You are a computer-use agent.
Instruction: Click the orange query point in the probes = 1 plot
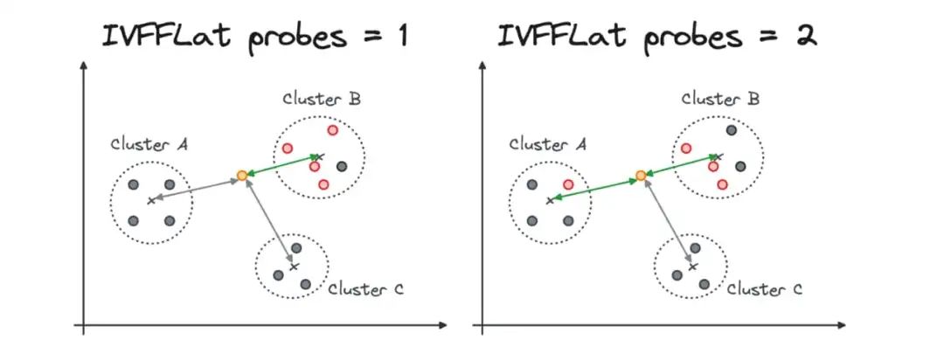click(x=242, y=176)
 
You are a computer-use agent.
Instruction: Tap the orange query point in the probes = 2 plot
click(x=641, y=176)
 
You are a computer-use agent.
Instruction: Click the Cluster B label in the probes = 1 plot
click(x=322, y=99)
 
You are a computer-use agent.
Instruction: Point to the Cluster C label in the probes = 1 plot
click(x=365, y=288)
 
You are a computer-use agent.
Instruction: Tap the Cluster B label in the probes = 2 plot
click(x=720, y=99)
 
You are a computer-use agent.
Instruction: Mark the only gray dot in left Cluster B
click(x=342, y=166)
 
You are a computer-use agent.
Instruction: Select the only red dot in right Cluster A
click(x=568, y=184)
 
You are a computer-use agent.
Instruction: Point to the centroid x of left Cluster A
click(x=150, y=200)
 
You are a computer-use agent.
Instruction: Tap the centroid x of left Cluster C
click(x=294, y=266)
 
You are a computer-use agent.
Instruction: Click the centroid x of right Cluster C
click(x=692, y=266)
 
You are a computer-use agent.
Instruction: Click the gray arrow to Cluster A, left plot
click(x=197, y=188)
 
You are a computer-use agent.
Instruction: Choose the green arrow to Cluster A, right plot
click(x=594, y=188)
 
